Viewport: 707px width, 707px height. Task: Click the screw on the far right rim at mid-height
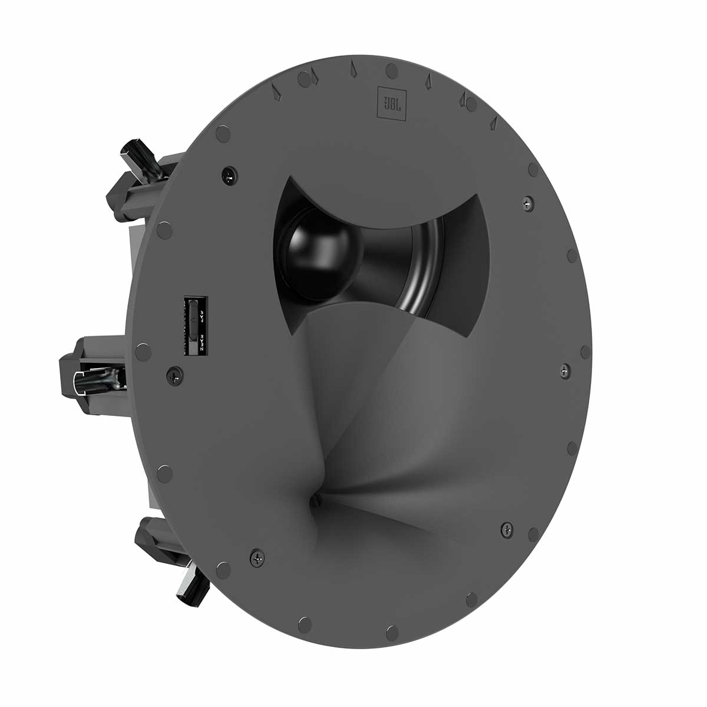[x=565, y=371]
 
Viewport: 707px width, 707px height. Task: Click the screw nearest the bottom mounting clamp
[x=257, y=555]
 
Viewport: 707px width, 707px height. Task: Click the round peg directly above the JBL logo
[x=390, y=70]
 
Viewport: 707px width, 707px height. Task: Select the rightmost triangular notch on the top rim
[x=494, y=123]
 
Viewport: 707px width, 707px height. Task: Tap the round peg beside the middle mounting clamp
[x=142, y=352]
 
